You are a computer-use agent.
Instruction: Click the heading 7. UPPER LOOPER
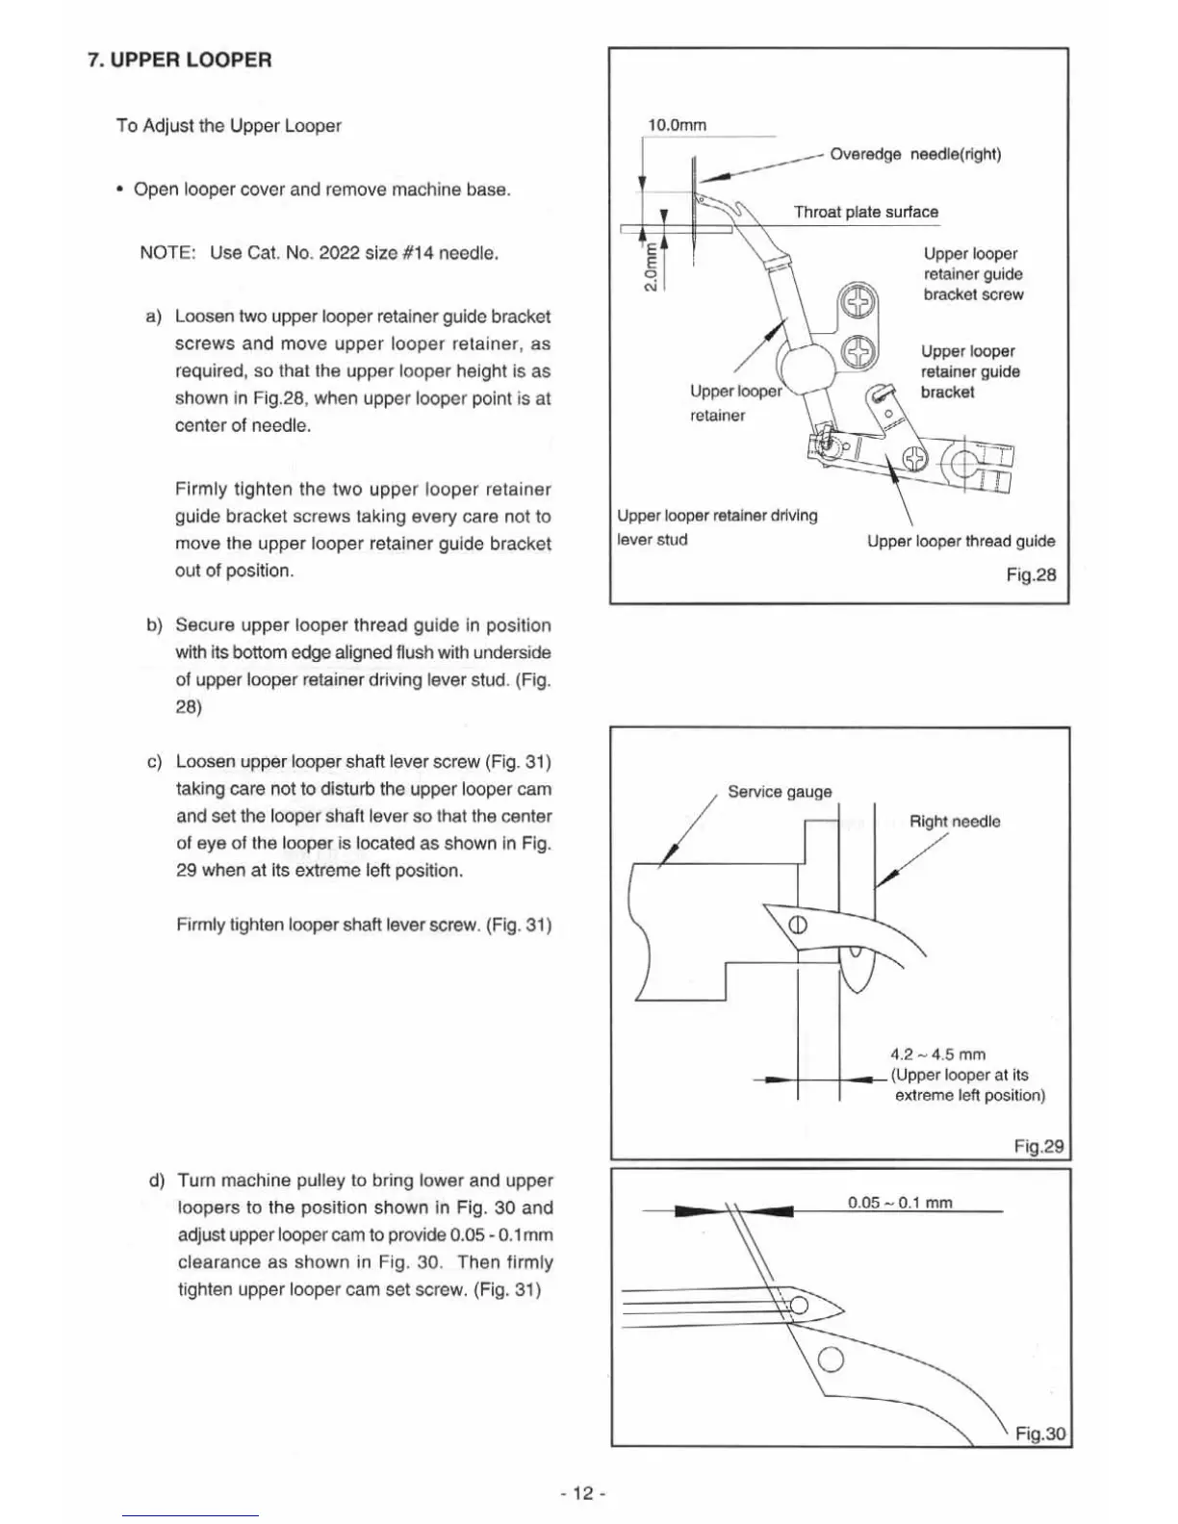point(180,60)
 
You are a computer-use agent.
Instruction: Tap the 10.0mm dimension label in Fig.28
point(677,125)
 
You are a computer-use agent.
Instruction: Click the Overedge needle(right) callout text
point(914,154)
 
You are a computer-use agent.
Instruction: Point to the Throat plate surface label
point(865,212)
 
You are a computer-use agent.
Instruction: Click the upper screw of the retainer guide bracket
point(858,304)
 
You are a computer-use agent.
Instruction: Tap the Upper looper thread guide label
point(960,541)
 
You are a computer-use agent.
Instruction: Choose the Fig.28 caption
point(1031,574)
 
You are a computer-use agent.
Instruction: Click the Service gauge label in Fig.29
point(780,792)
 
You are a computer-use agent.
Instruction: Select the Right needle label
point(955,822)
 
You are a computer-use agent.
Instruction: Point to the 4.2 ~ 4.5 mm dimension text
point(937,1054)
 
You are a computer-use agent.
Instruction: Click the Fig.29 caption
point(1038,1146)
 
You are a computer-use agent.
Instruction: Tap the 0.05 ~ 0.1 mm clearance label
point(900,1203)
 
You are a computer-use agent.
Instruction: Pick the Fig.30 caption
point(1040,1434)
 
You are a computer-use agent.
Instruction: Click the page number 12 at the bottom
point(581,1493)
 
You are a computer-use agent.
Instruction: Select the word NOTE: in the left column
point(167,253)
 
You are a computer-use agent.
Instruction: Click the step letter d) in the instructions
point(157,1181)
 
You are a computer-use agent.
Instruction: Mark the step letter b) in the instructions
point(155,625)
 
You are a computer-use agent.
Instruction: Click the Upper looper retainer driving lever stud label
point(717,527)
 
